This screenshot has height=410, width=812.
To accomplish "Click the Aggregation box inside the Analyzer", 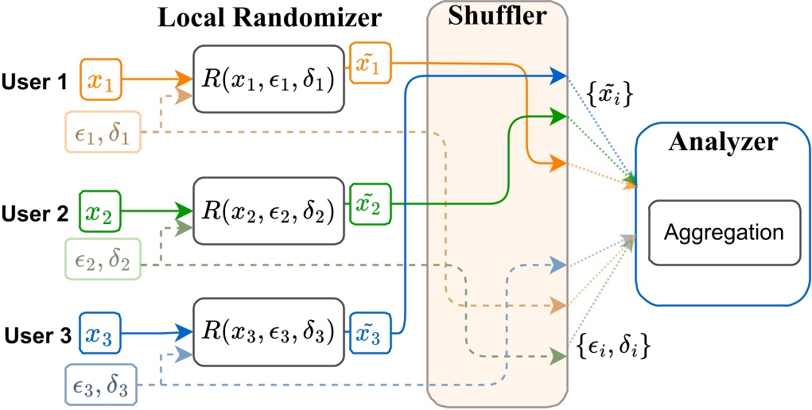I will point(724,233).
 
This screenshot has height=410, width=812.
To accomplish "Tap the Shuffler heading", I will point(497,17).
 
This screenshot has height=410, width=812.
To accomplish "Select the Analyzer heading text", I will point(723,144).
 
